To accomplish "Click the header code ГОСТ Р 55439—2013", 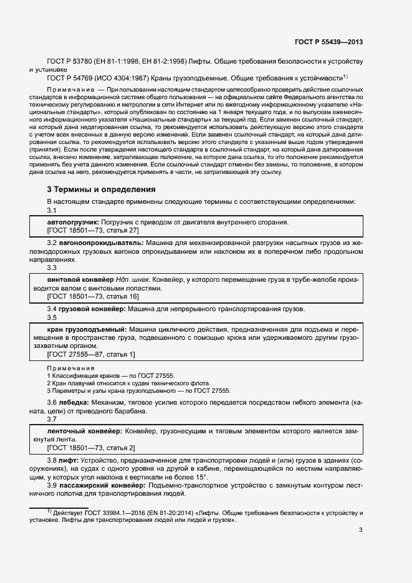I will pos(328,42).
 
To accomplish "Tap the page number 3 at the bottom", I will pos(360,531).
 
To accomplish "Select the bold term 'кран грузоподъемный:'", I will pos(87,329).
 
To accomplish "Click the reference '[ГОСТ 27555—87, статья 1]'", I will pos(91,354).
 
